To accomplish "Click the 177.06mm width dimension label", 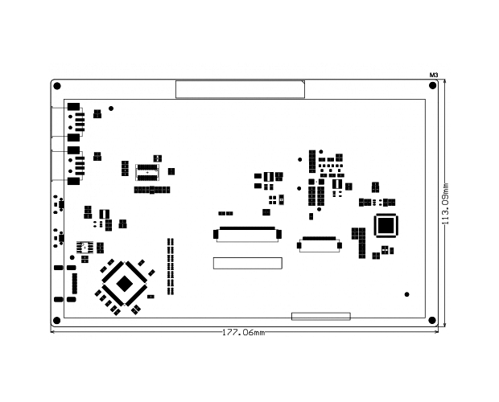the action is click(x=243, y=332).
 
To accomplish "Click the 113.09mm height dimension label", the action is click(x=446, y=203).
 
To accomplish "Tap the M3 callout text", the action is click(x=434, y=76).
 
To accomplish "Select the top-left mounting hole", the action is click(x=57, y=86).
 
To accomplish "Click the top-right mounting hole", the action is click(x=433, y=85).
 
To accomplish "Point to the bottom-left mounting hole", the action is click(x=56, y=320).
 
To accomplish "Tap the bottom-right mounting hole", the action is click(x=432, y=320).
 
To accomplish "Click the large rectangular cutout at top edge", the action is click(x=241, y=89).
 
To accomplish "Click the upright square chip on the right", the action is click(x=386, y=226).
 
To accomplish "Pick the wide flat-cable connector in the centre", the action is click(x=247, y=235).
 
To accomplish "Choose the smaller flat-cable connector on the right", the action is click(x=320, y=244).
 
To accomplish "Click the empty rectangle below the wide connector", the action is click(x=248, y=263).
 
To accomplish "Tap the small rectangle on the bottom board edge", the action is click(x=321, y=316).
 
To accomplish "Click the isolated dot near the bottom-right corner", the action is click(x=406, y=294).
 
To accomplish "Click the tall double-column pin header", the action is click(x=171, y=266).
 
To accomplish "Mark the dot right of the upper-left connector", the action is click(x=111, y=109).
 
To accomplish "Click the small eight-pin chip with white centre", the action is click(x=85, y=248).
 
